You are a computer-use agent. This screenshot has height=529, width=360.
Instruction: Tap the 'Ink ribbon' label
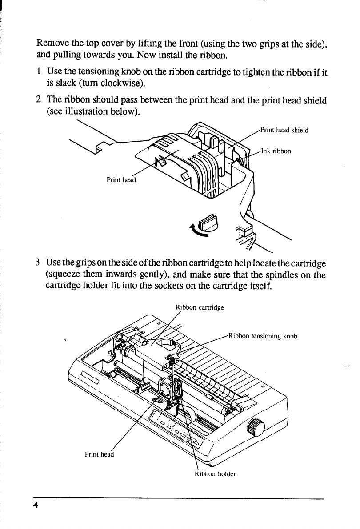[x=276, y=151]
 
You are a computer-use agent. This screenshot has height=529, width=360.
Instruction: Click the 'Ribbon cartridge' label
[x=200, y=307]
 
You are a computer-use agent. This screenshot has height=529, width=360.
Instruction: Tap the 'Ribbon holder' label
[x=215, y=473]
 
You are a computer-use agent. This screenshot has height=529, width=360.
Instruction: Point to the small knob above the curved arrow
[x=208, y=221]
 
